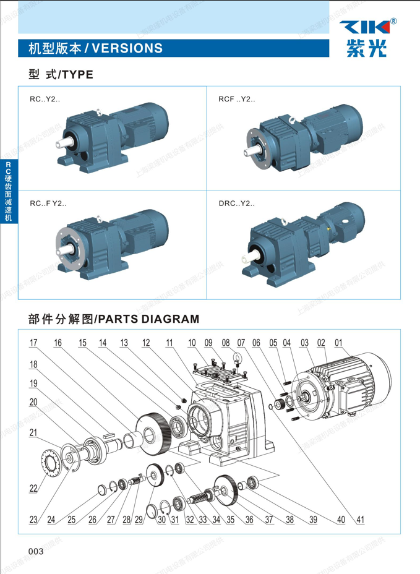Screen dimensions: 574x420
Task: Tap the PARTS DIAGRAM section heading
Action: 114,319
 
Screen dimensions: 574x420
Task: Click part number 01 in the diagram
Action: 338,342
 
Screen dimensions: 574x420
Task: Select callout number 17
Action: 33,342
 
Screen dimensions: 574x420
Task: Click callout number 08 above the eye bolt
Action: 226,342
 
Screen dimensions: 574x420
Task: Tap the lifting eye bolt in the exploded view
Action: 236,359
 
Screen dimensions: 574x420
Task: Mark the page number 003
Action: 35,551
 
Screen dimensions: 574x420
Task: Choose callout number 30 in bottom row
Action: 161,520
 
